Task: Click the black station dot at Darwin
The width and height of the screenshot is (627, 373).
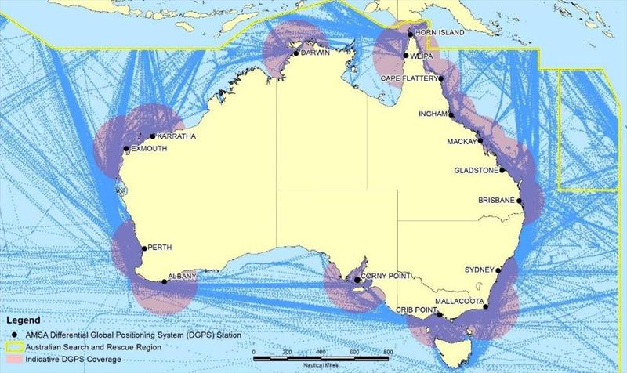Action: tap(295, 53)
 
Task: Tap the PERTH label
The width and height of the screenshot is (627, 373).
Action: tap(161, 248)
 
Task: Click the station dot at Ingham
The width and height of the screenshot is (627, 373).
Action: tap(451, 114)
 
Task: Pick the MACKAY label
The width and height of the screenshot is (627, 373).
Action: tap(461, 142)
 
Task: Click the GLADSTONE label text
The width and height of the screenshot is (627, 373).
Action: tap(477, 170)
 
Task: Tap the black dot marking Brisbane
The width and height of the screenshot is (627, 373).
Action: tap(519, 201)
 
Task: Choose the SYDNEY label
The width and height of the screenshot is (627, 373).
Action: tap(480, 269)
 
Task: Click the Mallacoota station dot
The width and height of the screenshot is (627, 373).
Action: tap(487, 306)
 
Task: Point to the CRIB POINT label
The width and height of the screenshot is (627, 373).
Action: tap(415, 310)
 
